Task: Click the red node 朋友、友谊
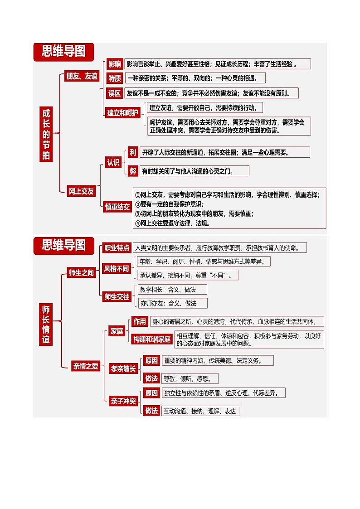(x=82, y=76)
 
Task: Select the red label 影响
(x=115, y=64)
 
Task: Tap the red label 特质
(x=115, y=78)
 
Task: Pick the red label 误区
(x=115, y=93)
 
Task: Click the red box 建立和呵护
(x=123, y=113)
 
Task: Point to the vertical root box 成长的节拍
(x=46, y=134)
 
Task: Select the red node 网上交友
(x=81, y=191)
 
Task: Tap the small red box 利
(x=132, y=152)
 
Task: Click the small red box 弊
(x=132, y=171)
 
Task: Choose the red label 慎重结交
(x=117, y=207)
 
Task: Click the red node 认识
(x=113, y=162)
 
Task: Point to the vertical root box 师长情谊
(x=46, y=325)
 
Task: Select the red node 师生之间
(x=81, y=272)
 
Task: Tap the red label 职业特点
(x=117, y=248)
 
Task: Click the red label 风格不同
(x=117, y=269)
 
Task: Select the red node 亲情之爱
(x=86, y=366)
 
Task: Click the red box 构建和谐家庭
(x=152, y=339)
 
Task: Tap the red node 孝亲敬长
(x=123, y=369)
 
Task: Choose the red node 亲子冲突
(x=123, y=401)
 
